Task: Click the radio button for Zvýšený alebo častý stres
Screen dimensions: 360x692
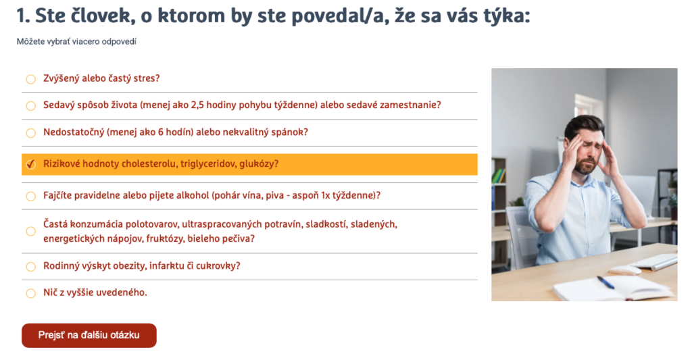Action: pyautogui.click(x=30, y=79)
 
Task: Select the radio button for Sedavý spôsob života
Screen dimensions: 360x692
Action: pyautogui.click(x=30, y=106)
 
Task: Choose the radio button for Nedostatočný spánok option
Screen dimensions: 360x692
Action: pyautogui.click(x=30, y=133)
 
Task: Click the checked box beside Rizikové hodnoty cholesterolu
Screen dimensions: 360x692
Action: pyautogui.click(x=30, y=164)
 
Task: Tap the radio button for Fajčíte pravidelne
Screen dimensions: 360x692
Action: pyautogui.click(x=30, y=197)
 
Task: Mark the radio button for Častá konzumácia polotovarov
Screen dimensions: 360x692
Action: pyautogui.click(x=30, y=231)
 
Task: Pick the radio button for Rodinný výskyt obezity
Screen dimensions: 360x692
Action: pyautogui.click(x=30, y=266)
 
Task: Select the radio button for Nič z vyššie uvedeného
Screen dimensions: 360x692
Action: pyautogui.click(x=30, y=293)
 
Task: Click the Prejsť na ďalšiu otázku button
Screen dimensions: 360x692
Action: pyautogui.click(x=89, y=335)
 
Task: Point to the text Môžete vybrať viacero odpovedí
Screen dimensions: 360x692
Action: pyautogui.click(x=76, y=42)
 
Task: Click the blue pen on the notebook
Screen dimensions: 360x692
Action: pyautogui.click(x=605, y=282)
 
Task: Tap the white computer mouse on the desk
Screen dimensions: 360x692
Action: pyautogui.click(x=624, y=269)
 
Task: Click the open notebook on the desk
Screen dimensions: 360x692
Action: pyautogui.click(x=612, y=287)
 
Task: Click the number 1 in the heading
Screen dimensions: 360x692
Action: pyautogui.click(x=21, y=16)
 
